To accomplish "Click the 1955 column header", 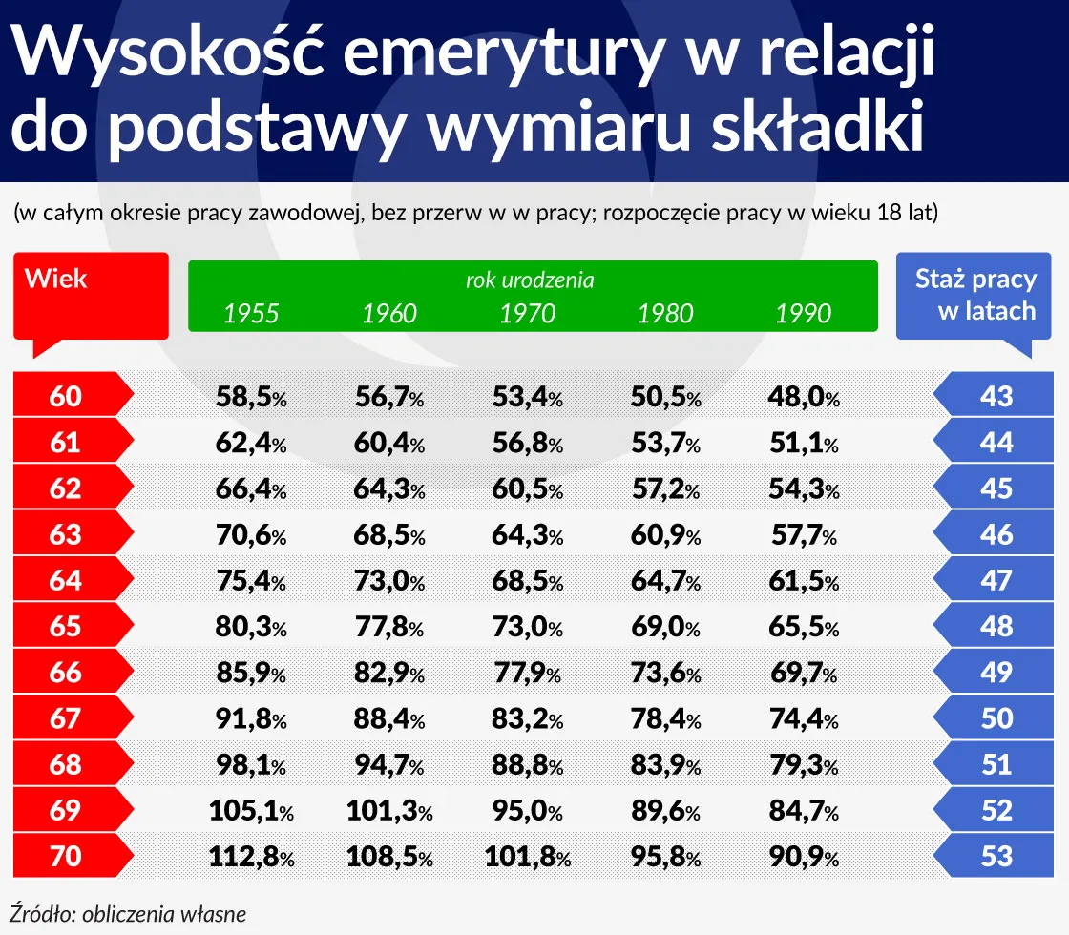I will pos(251,313).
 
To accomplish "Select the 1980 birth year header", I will pos(665,313).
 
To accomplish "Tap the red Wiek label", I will pos(56,280).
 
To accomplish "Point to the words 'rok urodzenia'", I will pos(530,280).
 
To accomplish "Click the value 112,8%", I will pos(251,856).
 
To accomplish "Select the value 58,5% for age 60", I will pos(249,396).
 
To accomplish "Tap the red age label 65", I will pos(65,627).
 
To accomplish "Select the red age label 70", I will pos(65,856).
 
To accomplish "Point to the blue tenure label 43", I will pos(996,396).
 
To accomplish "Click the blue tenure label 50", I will pos(996,718).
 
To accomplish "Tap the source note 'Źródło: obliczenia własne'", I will pos(129,913).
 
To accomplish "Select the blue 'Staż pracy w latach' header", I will pos(975,294).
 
